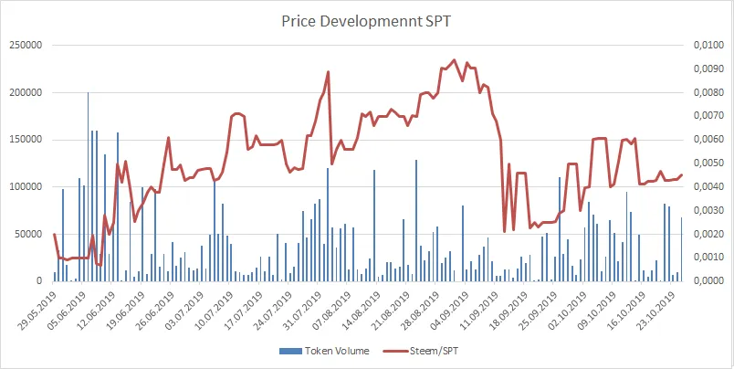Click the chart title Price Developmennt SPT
point(367,19)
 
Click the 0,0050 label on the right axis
point(708,163)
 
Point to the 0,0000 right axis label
point(708,280)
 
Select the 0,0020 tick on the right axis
point(708,234)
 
